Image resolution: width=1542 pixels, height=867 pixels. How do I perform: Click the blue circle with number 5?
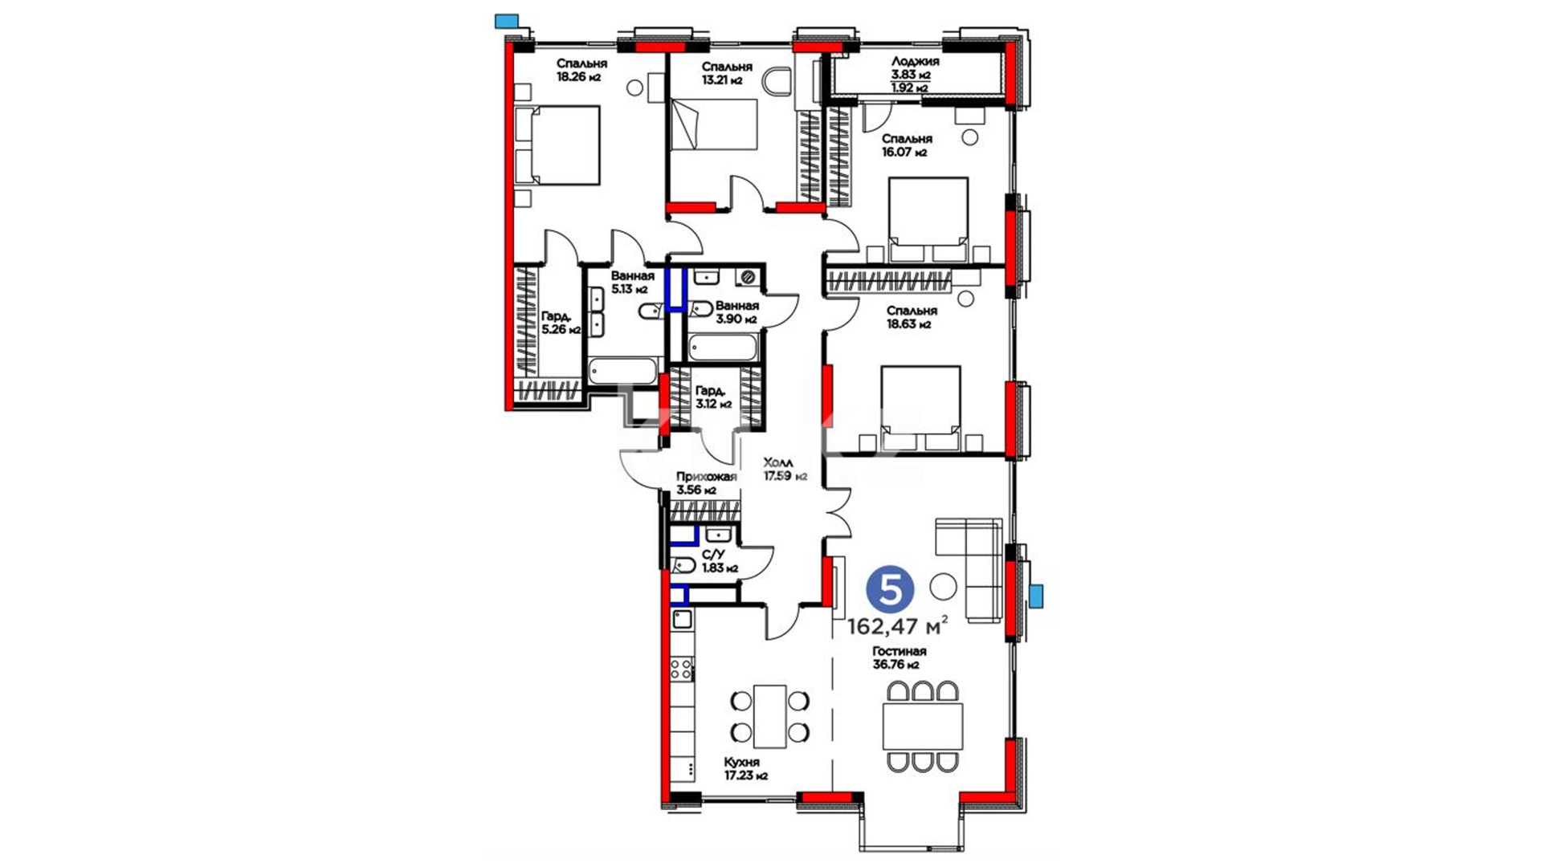pos(890,590)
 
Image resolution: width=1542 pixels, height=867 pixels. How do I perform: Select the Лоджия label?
pos(915,61)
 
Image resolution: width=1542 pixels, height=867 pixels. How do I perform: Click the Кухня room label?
pos(741,762)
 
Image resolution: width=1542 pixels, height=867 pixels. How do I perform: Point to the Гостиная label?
pos(899,651)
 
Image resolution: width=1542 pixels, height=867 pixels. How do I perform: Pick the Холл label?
pos(777,462)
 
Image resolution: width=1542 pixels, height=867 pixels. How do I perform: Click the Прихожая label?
pos(707,477)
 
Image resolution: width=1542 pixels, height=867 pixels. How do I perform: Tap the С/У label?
pos(713,555)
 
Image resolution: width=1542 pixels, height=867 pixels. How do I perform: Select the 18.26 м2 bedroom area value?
pos(579,78)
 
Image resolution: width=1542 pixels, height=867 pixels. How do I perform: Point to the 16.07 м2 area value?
pos(904,152)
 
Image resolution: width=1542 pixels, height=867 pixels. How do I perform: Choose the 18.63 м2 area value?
pos(908,324)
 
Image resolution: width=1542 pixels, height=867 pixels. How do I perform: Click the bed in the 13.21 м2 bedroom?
pos(714,124)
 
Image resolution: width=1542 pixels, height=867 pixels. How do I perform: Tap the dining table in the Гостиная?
pos(922,726)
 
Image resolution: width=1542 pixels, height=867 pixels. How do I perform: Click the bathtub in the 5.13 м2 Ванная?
pos(623,371)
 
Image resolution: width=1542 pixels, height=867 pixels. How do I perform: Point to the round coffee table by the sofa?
pos(943,586)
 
